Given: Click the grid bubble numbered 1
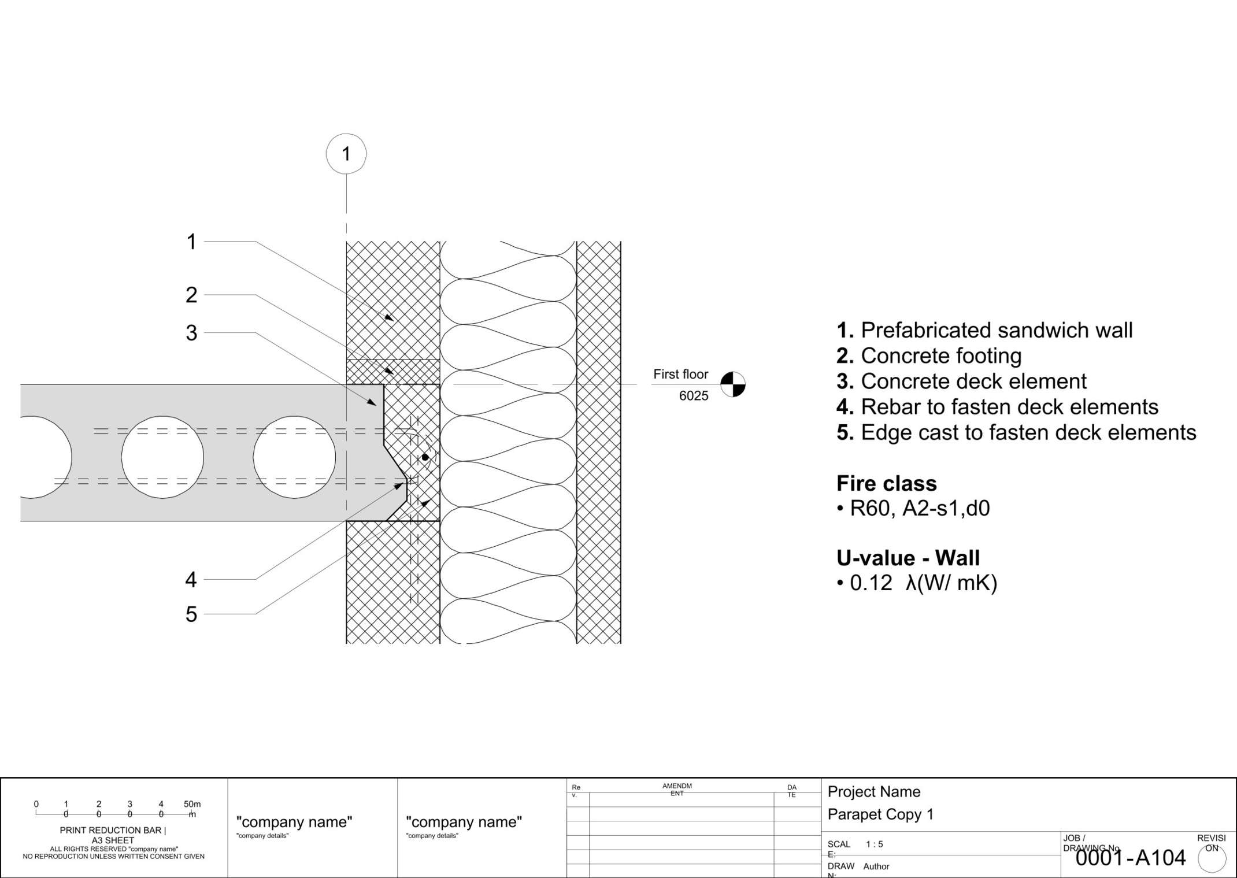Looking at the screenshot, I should pyautogui.click(x=346, y=154).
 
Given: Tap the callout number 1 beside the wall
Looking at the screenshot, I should pyautogui.click(x=191, y=242).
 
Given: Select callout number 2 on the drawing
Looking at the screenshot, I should pyautogui.click(x=191, y=295).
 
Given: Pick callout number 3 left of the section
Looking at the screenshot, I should pyautogui.click(x=191, y=333).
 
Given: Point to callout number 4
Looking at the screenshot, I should pyautogui.click(x=191, y=579).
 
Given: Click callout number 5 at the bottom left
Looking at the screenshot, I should pyautogui.click(x=191, y=614).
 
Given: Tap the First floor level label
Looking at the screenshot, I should pyautogui.click(x=680, y=375).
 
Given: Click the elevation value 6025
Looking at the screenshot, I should pyautogui.click(x=693, y=396).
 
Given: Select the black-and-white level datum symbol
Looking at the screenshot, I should pyautogui.click(x=732, y=384).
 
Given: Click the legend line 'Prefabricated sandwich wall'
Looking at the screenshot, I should pyautogui.click(x=984, y=330).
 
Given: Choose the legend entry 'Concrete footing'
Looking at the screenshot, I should pyautogui.click(x=929, y=356).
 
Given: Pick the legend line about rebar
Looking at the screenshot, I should pyautogui.click(x=997, y=407).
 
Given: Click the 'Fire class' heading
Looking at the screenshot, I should pyautogui.click(x=886, y=483).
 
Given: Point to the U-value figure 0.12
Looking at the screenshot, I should pyautogui.click(x=871, y=583).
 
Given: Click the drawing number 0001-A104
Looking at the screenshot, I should pyautogui.click(x=1130, y=858).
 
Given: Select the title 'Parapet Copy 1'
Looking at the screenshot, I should pyautogui.click(x=880, y=814).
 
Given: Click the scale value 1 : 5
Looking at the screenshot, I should pyautogui.click(x=874, y=844).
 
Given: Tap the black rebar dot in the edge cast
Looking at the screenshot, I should pyautogui.click(x=425, y=457).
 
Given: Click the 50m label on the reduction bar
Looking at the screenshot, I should pyautogui.click(x=192, y=804).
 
